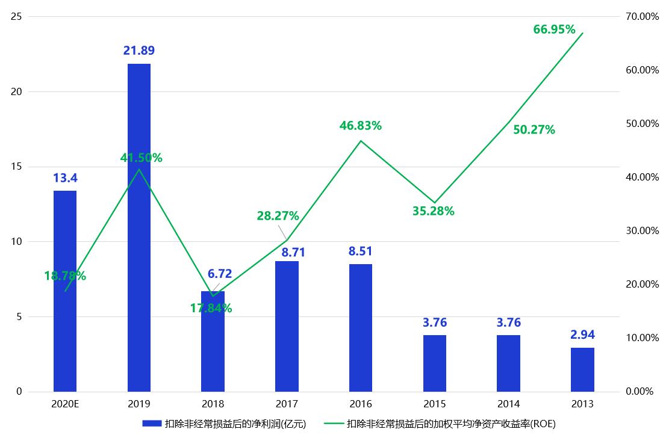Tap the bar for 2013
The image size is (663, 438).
[582, 369]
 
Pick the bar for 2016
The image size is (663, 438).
[360, 327]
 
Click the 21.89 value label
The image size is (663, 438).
[139, 51]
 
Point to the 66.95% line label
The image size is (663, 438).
[554, 29]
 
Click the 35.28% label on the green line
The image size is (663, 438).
[433, 211]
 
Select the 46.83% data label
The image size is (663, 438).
[360, 126]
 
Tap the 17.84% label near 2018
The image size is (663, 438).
[211, 308]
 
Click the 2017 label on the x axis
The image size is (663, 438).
[287, 404]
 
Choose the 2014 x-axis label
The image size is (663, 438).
[508, 404]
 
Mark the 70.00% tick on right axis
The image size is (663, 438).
[643, 17]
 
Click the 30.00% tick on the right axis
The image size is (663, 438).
[643, 231]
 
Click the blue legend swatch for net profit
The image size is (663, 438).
[152, 424]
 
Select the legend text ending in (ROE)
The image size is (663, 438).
[451, 424]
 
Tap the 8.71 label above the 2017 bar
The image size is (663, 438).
[287, 250]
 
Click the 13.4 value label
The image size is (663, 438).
[65, 178]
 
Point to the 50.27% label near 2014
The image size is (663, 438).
[534, 129]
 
